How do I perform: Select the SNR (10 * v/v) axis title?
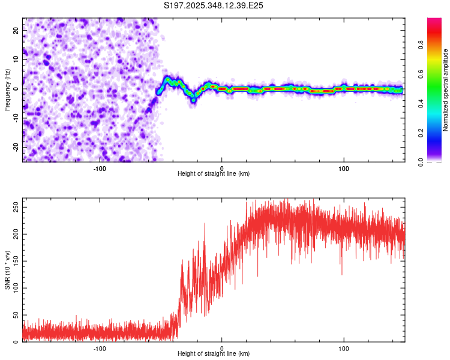coord(7,271)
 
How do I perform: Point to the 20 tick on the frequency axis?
coord(16,29)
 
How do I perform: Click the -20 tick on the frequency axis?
coord(15,147)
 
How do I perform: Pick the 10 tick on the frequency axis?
coord(16,59)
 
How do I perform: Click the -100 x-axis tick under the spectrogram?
coord(100,169)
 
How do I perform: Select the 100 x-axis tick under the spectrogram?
coord(344,169)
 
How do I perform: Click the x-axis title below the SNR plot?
coord(214,355)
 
